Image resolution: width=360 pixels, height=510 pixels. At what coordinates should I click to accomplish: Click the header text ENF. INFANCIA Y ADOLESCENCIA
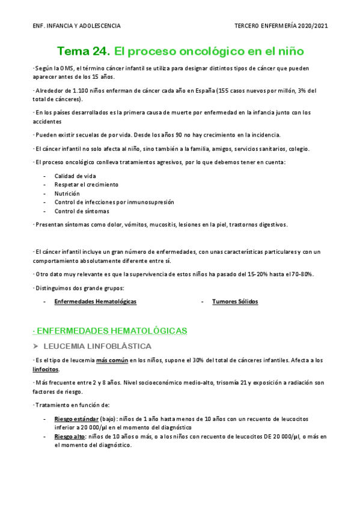76,26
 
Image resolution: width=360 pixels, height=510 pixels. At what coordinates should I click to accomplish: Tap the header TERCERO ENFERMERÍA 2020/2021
281,26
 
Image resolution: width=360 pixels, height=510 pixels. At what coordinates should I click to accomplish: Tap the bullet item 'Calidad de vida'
75,176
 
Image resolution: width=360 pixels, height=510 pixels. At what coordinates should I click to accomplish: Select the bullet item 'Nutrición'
67,194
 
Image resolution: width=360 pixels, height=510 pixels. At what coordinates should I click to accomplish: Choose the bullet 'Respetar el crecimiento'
86,185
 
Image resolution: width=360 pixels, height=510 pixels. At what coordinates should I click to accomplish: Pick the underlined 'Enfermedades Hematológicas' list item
95,301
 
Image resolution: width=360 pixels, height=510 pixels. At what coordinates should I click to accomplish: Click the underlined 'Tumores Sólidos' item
235,301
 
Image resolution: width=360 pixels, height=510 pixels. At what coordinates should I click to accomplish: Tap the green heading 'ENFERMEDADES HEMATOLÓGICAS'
112,331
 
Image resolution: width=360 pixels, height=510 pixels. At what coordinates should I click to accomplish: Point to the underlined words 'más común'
111,360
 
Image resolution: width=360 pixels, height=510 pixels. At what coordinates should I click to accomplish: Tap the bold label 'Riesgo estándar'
77,419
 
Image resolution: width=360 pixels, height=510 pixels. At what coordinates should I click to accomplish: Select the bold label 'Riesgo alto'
70,437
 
